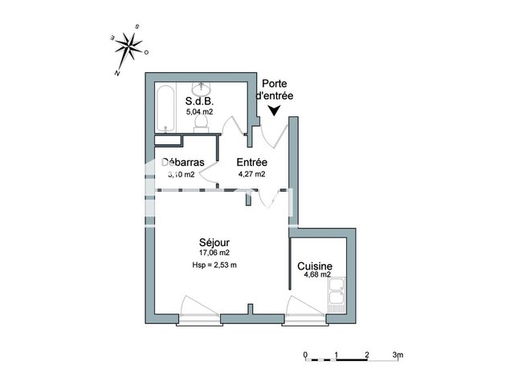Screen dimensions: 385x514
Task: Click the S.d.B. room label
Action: coord(199,102)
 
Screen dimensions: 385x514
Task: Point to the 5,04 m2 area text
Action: coord(200,112)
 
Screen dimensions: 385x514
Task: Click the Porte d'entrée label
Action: coord(275,90)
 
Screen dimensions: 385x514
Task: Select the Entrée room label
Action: coord(251,163)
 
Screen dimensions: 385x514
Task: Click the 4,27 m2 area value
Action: coord(251,173)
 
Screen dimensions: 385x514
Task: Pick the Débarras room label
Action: coord(183,163)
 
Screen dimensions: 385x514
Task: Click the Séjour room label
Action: coord(214,242)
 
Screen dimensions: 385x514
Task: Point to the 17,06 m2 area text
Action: coord(214,253)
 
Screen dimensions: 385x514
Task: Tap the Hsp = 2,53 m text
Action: coord(214,265)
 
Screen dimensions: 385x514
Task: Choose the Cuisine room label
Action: coord(316,266)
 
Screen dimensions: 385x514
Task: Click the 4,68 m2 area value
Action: coord(317,275)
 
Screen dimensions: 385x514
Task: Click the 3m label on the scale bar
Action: coord(398,354)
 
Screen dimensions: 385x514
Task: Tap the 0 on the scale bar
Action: coord(305,354)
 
